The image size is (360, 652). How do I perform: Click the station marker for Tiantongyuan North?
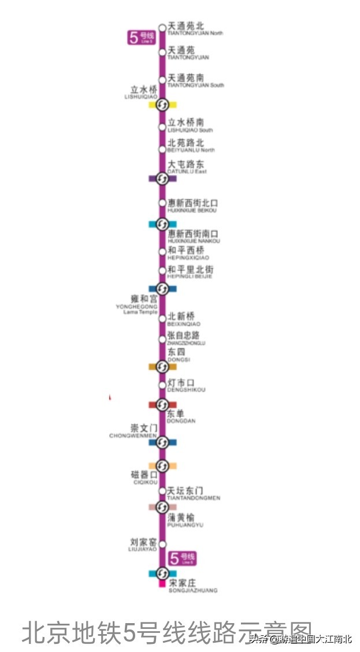coord(162,27)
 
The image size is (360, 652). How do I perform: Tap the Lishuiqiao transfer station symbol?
coord(162,105)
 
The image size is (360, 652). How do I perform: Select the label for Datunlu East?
coord(185,166)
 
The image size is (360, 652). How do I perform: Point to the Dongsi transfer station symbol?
coord(162,366)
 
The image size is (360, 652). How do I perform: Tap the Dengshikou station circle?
coord(162,386)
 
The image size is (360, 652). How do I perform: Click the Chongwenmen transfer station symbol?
coord(162,442)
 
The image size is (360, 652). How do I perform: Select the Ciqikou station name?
coord(144,478)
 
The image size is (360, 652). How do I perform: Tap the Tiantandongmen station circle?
coord(162,491)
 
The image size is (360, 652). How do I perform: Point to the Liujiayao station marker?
coord(162,544)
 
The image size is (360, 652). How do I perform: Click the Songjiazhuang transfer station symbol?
coord(162,573)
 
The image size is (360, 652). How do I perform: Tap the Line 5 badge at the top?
coord(142,38)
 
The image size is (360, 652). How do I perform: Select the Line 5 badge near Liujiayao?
coord(182,558)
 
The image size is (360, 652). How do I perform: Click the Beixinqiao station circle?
coord(162,318)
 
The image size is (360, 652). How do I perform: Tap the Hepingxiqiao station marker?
coord(162,252)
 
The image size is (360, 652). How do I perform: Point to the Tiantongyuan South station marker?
coord(162,79)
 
